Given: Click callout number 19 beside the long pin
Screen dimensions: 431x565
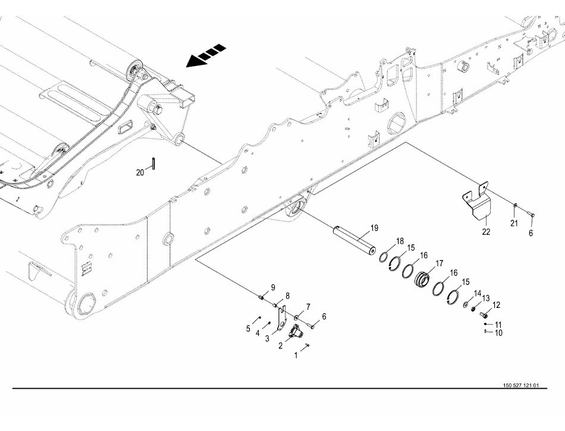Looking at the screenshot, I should [x=374, y=228].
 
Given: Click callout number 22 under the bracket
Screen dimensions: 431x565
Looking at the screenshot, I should [x=486, y=231].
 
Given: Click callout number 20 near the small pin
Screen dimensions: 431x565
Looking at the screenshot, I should [x=140, y=172].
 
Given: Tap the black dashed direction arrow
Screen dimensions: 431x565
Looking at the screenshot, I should [x=206, y=55].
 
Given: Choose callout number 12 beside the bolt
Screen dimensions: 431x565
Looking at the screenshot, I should [x=497, y=305].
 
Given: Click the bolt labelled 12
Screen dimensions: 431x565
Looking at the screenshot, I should [x=483, y=313].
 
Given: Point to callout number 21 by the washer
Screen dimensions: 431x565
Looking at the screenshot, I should [x=514, y=222].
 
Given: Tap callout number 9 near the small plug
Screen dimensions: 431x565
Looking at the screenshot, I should [x=273, y=288].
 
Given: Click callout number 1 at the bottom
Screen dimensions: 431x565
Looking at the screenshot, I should [x=296, y=356].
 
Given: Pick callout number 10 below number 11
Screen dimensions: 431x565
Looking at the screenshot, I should [x=499, y=333].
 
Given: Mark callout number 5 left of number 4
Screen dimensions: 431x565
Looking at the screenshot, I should [x=248, y=328].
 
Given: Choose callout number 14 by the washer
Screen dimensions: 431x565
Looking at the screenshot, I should [x=477, y=293].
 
